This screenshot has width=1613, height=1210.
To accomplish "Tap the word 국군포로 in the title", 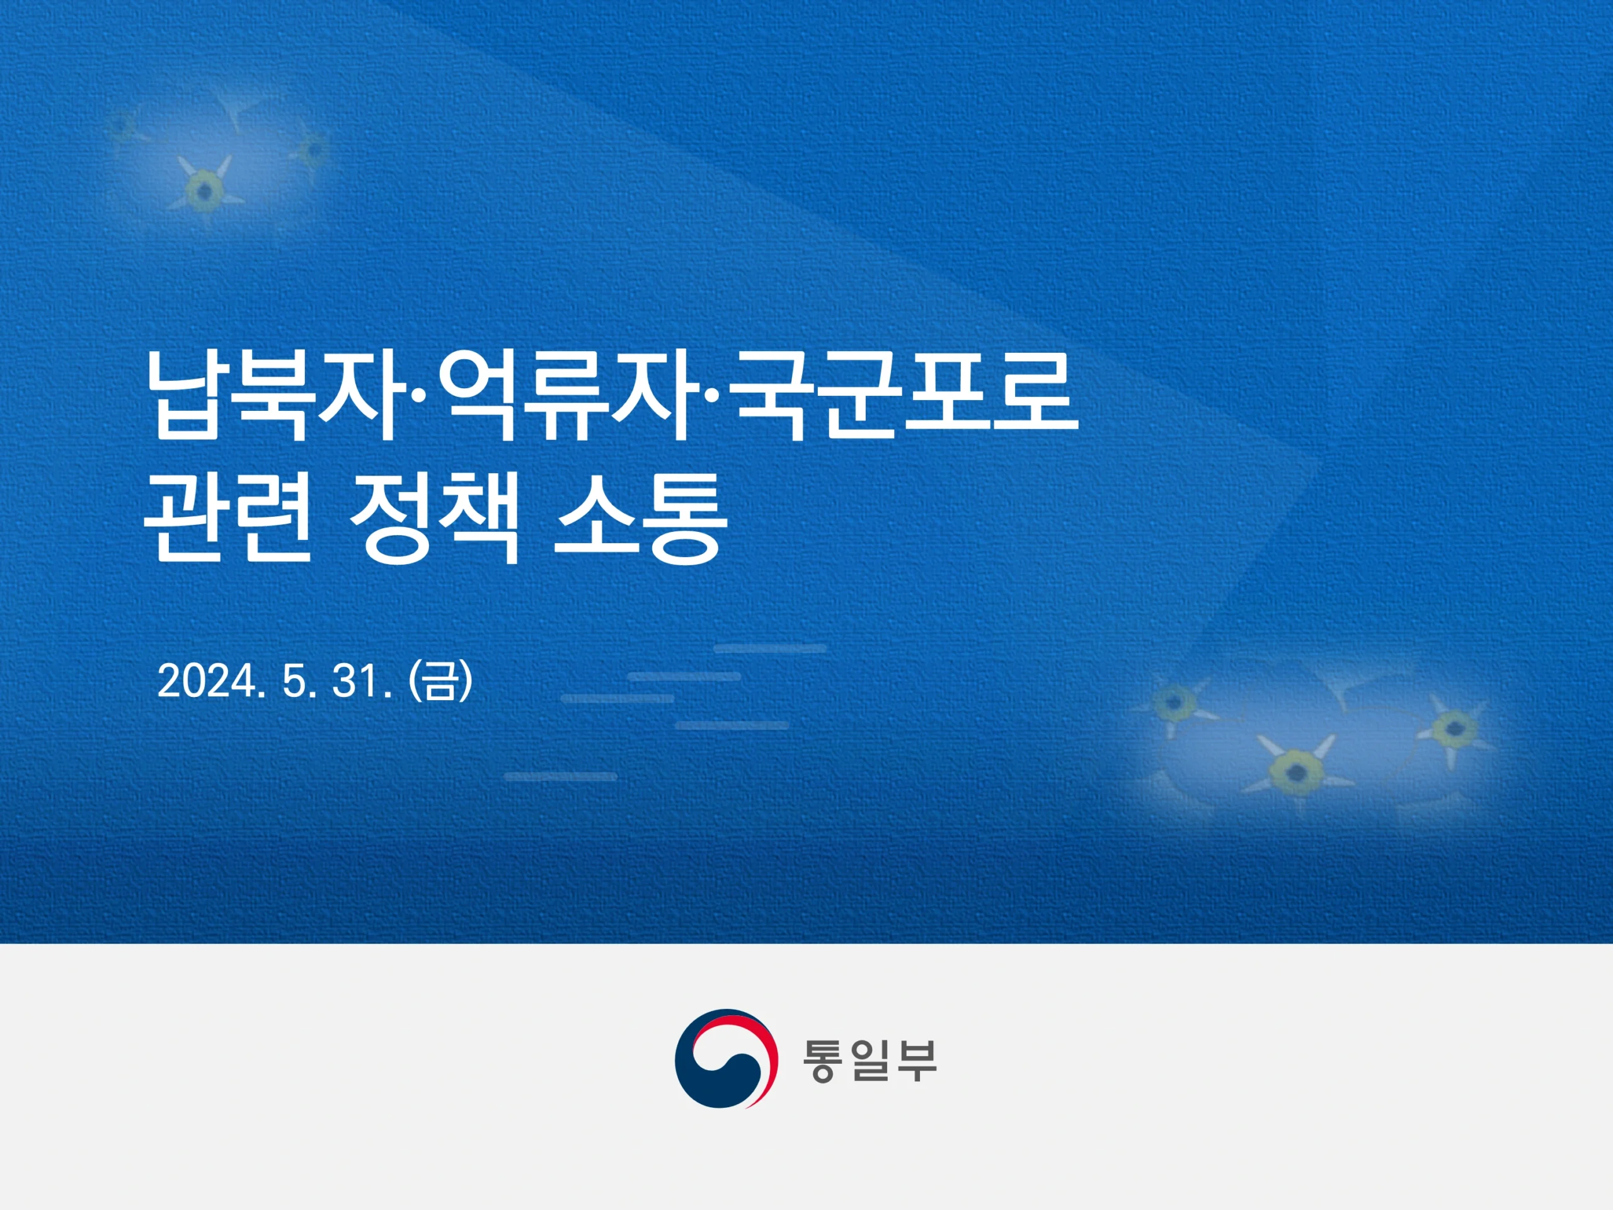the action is click(907, 396).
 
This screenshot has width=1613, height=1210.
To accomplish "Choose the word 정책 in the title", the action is click(435, 519).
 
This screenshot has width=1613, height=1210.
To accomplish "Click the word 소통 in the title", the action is click(641, 519).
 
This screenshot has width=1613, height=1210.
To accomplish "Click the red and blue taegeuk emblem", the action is click(726, 1059).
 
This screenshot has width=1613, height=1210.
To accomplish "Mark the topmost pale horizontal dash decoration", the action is click(770, 648).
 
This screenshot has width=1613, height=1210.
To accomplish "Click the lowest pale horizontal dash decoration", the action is click(560, 777).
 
